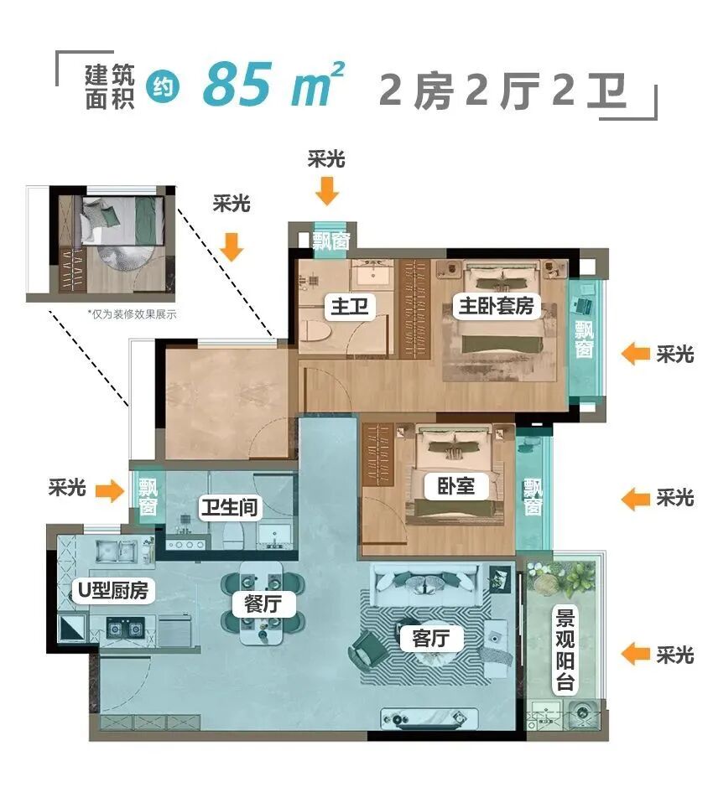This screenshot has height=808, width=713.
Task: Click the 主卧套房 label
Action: tap(496, 307)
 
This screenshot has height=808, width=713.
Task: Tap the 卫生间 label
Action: tap(229, 507)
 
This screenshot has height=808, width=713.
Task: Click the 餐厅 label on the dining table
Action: tap(263, 604)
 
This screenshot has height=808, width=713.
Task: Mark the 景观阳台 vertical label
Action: tap(565, 650)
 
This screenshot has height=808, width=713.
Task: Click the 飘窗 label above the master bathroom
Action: tap(330, 241)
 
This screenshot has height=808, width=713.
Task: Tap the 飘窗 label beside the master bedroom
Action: tap(584, 339)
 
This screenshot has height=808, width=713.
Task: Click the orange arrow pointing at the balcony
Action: tap(636, 654)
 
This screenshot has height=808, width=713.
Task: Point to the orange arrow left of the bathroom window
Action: tap(108, 490)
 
